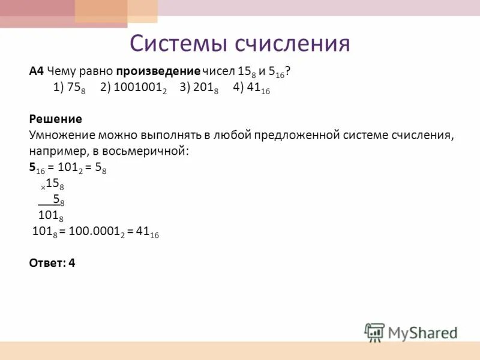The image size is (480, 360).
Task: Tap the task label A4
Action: click(36, 71)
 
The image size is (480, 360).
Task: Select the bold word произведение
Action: click(162, 71)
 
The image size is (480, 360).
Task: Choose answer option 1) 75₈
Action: click(68, 88)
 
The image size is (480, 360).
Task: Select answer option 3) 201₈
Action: click(199, 88)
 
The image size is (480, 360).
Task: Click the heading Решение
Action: click(55, 119)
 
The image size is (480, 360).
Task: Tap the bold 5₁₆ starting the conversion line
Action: click(37, 169)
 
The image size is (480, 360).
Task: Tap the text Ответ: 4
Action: click(52, 262)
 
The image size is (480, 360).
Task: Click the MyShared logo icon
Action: click(375, 332)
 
